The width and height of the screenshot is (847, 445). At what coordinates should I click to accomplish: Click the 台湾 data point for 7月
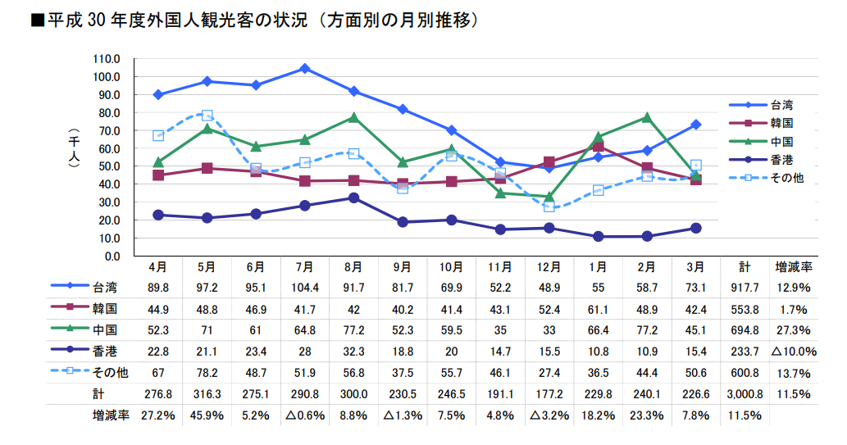click(304, 69)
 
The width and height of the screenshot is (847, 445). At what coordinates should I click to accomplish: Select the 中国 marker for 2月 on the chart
click(647, 117)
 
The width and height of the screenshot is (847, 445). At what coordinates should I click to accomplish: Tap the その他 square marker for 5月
click(207, 116)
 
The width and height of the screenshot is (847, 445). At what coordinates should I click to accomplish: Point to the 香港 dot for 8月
click(353, 198)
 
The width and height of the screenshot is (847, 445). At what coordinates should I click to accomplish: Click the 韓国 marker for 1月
click(599, 147)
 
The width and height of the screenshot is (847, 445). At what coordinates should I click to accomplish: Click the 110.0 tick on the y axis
click(107, 59)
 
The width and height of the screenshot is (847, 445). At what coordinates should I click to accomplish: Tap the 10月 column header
click(451, 267)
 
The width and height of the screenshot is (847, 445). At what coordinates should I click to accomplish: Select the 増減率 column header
click(793, 267)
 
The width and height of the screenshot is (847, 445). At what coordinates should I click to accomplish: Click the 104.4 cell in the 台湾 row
click(304, 288)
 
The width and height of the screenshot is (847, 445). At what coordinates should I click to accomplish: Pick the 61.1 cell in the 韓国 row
click(599, 310)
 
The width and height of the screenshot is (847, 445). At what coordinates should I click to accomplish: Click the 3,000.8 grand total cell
click(745, 394)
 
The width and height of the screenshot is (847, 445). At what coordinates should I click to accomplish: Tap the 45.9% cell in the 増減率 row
click(207, 415)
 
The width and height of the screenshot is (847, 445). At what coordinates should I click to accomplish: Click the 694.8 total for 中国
click(745, 330)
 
